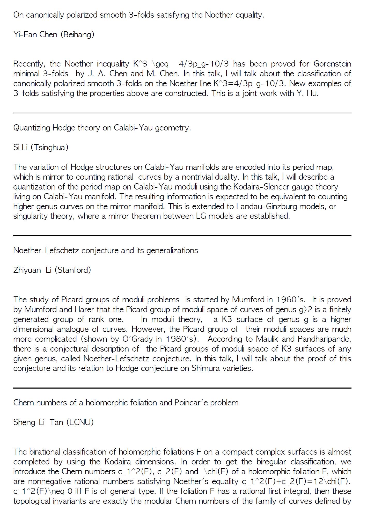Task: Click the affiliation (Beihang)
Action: [77, 34]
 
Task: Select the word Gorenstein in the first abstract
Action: [332, 64]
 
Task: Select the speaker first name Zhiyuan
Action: [27, 270]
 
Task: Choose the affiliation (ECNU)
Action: [80, 422]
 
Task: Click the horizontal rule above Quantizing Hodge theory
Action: [182, 113]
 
